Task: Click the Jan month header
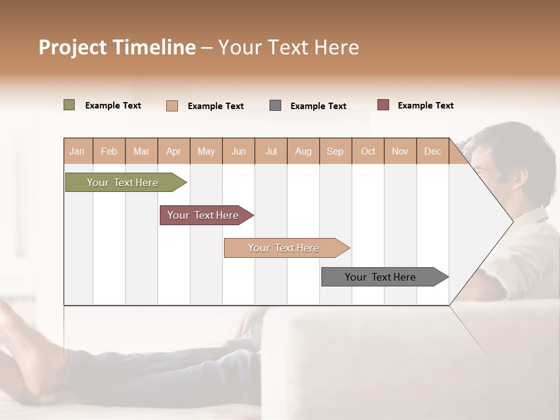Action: click(77, 151)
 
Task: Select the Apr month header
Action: click(174, 151)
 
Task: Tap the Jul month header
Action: click(271, 151)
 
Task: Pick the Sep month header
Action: click(335, 151)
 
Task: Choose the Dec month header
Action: click(432, 151)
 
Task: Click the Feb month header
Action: click(109, 151)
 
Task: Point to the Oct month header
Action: click(368, 151)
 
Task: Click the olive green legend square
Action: click(69, 105)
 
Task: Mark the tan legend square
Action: click(172, 106)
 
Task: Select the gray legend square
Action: click(275, 106)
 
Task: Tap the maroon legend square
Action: click(383, 105)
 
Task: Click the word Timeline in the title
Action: click(153, 47)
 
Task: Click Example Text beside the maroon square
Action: click(425, 106)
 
